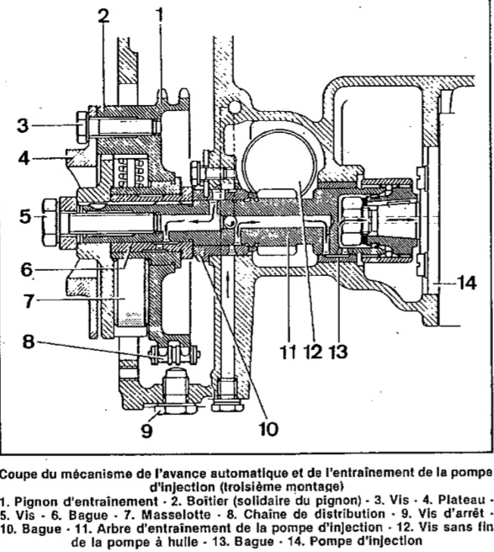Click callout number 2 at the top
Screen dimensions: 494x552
click(x=104, y=15)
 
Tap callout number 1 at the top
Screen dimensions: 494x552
click(x=160, y=15)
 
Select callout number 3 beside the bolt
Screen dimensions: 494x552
click(x=23, y=125)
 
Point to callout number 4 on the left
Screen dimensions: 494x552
click(x=24, y=158)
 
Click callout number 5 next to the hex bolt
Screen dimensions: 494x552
click(x=25, y=215)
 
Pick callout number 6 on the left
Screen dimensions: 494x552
click(x=27, y=270)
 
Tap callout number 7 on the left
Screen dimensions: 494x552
click(x=29, y=300)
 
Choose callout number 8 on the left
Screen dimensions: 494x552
click(x=29, y=341)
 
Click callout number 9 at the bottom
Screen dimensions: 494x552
click(x=146, y=429)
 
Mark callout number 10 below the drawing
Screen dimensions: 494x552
click(x=268, y=429)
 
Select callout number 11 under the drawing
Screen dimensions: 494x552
click(x=288, y=352)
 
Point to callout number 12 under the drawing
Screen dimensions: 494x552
click(x=312, y=352)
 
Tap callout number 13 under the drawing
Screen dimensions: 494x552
click(x=337, y=352)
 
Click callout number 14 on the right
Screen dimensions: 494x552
click(x=466, y=283)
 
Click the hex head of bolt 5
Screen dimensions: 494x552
click(x=50, y=223)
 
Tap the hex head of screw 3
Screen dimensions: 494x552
click(x=82, y=127)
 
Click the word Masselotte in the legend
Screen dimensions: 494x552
click(x=176, y=514)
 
